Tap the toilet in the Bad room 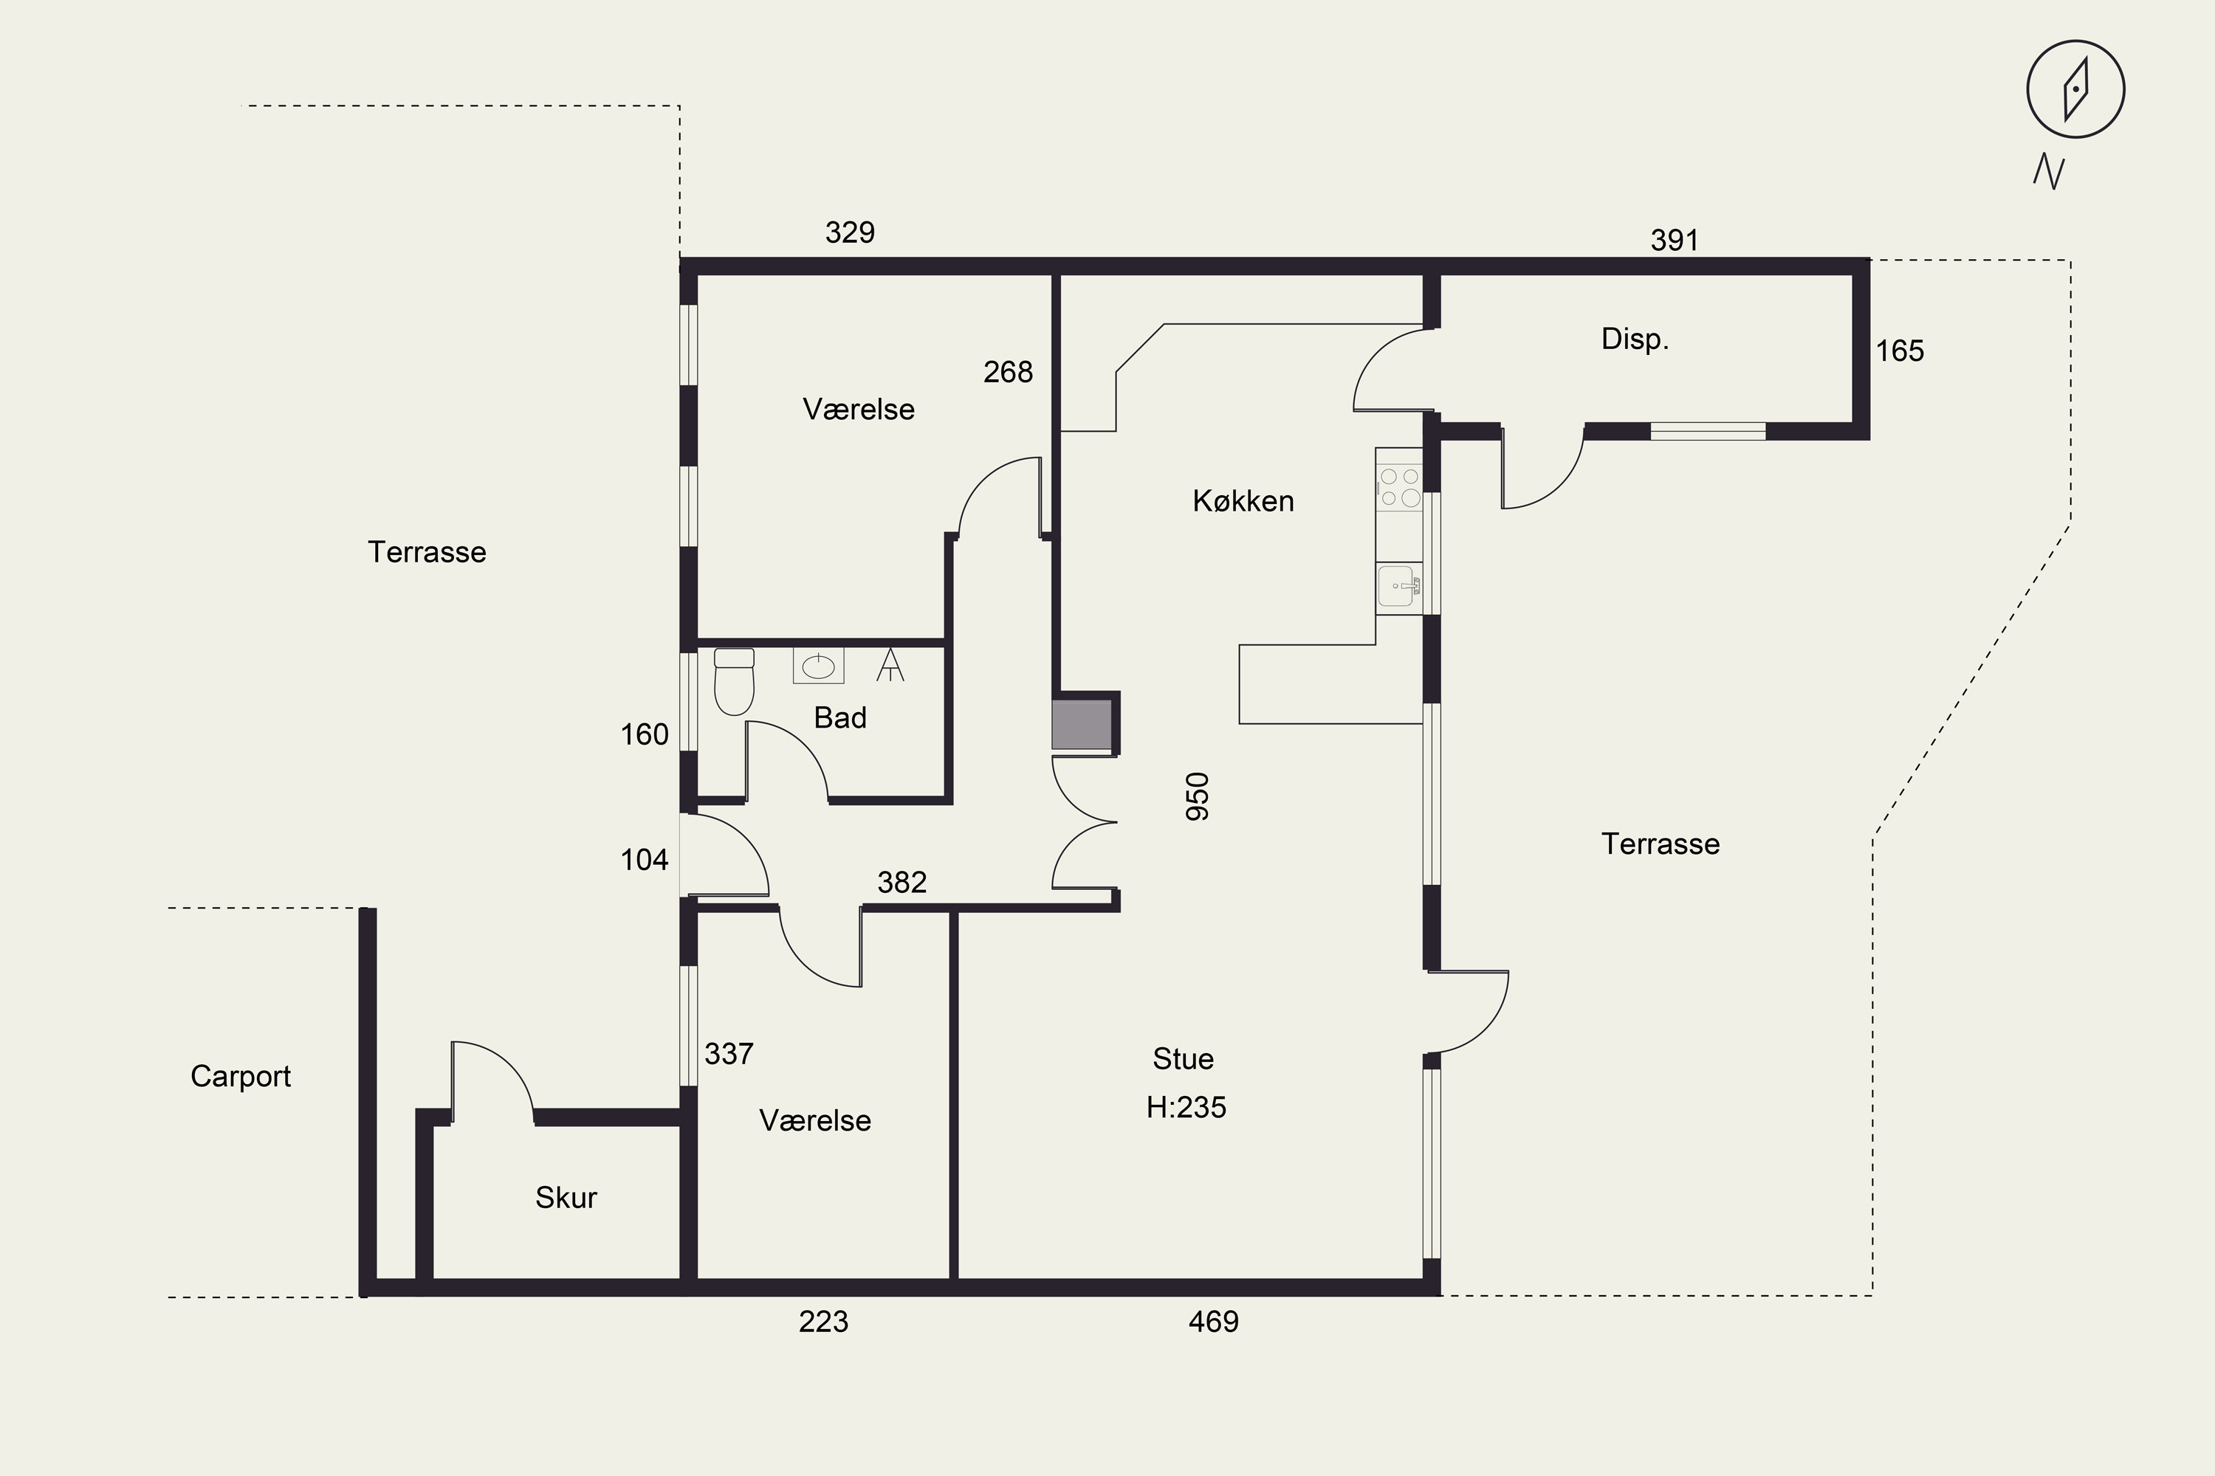pos(735,681)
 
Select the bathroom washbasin pos(818,666)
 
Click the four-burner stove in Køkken pos(1398,489)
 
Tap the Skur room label pos(566,1197)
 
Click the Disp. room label pos(1635,339)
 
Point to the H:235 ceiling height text pos(1186,1107)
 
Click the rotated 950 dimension pos(1197,796)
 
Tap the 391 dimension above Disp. pos(1675,240)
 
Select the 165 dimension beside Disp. pos(1900,351)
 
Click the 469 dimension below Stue pos(1213,1322)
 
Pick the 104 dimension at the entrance pos(644,860)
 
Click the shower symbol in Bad pos(890,665)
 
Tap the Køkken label pos(1243,501)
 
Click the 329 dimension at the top pos(850,232)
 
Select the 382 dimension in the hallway pos(902,882)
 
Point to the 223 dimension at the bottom pos(823,1322)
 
